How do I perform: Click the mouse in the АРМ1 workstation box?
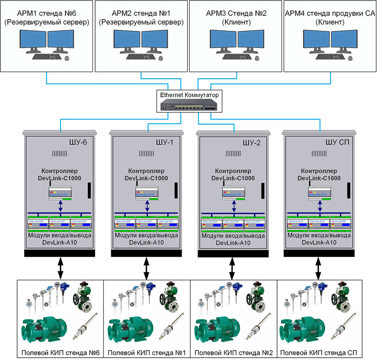(66, 58)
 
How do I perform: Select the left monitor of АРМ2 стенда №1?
(127, 42)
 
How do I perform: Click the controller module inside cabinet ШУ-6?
(60, 192)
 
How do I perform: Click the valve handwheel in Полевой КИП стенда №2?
(251, 299)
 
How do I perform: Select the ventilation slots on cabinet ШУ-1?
(146, 154)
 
